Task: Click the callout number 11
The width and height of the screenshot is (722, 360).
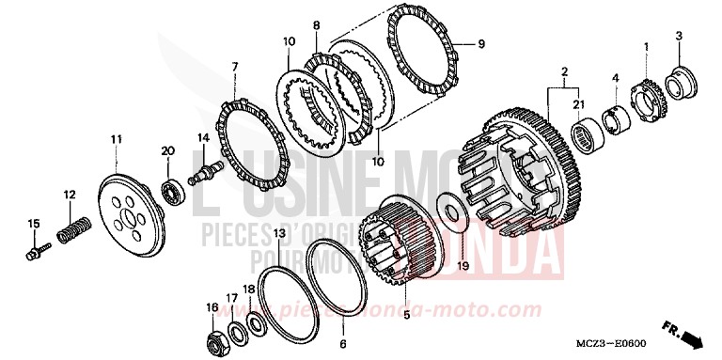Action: (x=116, y=139)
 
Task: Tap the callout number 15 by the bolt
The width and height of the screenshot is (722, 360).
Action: (x=33, y=223)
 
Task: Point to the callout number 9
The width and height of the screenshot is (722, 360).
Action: (x=481, y=43)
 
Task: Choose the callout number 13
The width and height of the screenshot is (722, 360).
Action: (x=279, y=232)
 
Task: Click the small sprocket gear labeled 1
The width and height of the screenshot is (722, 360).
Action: (x=644, y=91)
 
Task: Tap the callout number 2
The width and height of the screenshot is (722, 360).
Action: (x=563, y=71)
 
